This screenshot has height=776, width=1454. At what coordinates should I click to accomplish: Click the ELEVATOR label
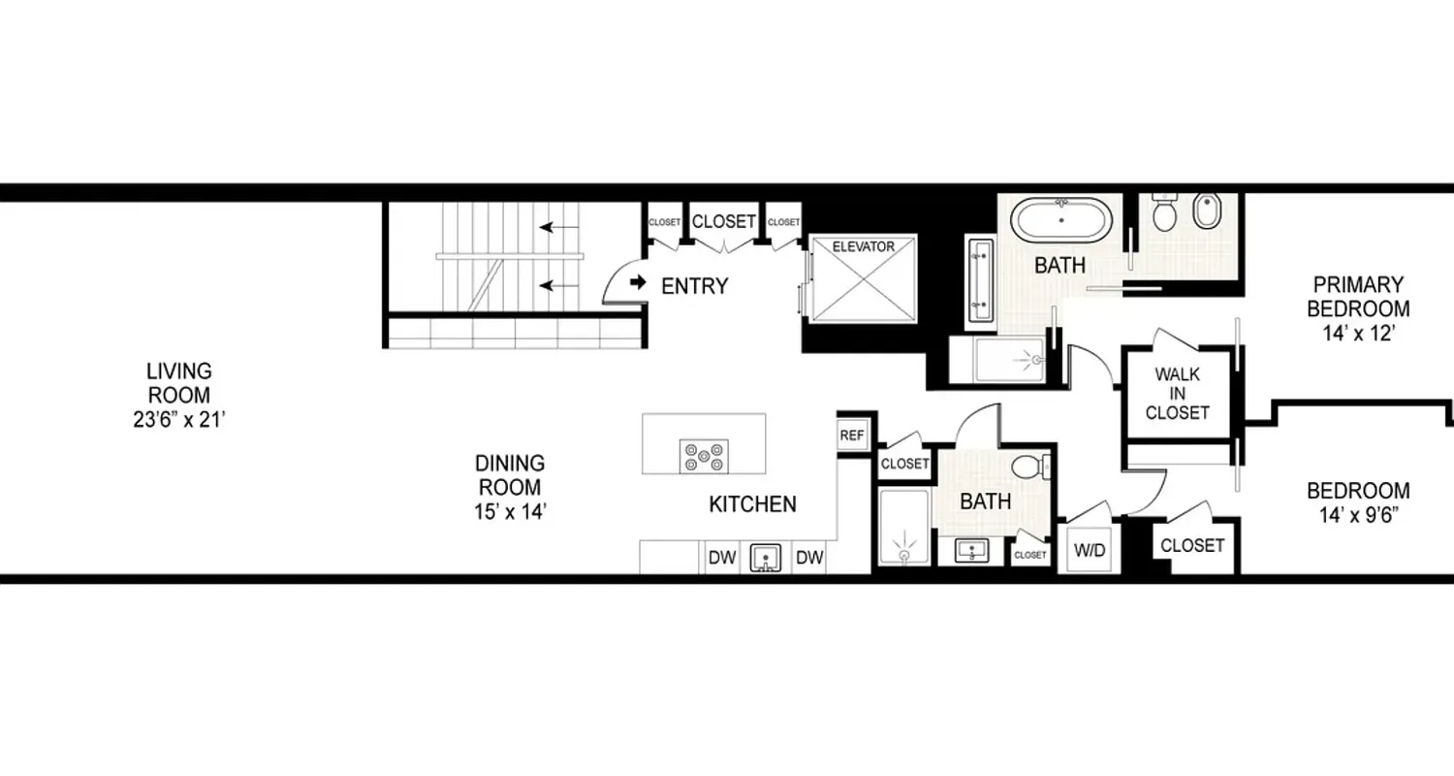[x=864, y=246]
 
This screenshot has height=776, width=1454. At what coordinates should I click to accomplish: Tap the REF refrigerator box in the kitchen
[x=851, y=436]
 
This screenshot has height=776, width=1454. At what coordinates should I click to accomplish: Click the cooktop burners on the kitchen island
[x=704, y=455]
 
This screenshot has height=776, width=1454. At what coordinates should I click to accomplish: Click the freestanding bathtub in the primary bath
[x=1061, y=219]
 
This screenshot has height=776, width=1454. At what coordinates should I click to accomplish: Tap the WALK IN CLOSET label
[x=1177, y=393]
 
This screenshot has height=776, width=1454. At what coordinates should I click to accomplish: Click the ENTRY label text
[x=694, y=286]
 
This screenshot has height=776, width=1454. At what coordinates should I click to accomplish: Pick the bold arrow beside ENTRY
[x=637, y=282]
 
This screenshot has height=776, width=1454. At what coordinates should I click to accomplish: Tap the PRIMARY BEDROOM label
[x=1357, y=297]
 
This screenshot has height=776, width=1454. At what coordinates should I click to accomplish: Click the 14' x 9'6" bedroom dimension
[x=1357, y=515]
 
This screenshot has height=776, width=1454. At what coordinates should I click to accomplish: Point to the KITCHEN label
[x=752, y=504]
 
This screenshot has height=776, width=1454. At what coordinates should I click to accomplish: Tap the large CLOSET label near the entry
[x=723, y=221]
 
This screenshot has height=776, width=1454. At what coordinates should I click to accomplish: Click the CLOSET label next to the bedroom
[x=1191, y=545]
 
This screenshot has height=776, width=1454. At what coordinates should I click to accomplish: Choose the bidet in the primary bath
[x=1206, y=210]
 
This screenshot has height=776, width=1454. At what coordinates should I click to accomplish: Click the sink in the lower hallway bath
[x=970, y=551]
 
